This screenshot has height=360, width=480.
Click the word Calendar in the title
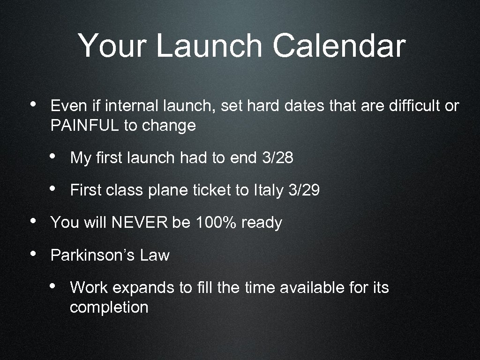(x=339, y=46)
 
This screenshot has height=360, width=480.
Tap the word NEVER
(x=139, y=223)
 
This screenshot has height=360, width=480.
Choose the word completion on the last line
(x=109, y=308)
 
